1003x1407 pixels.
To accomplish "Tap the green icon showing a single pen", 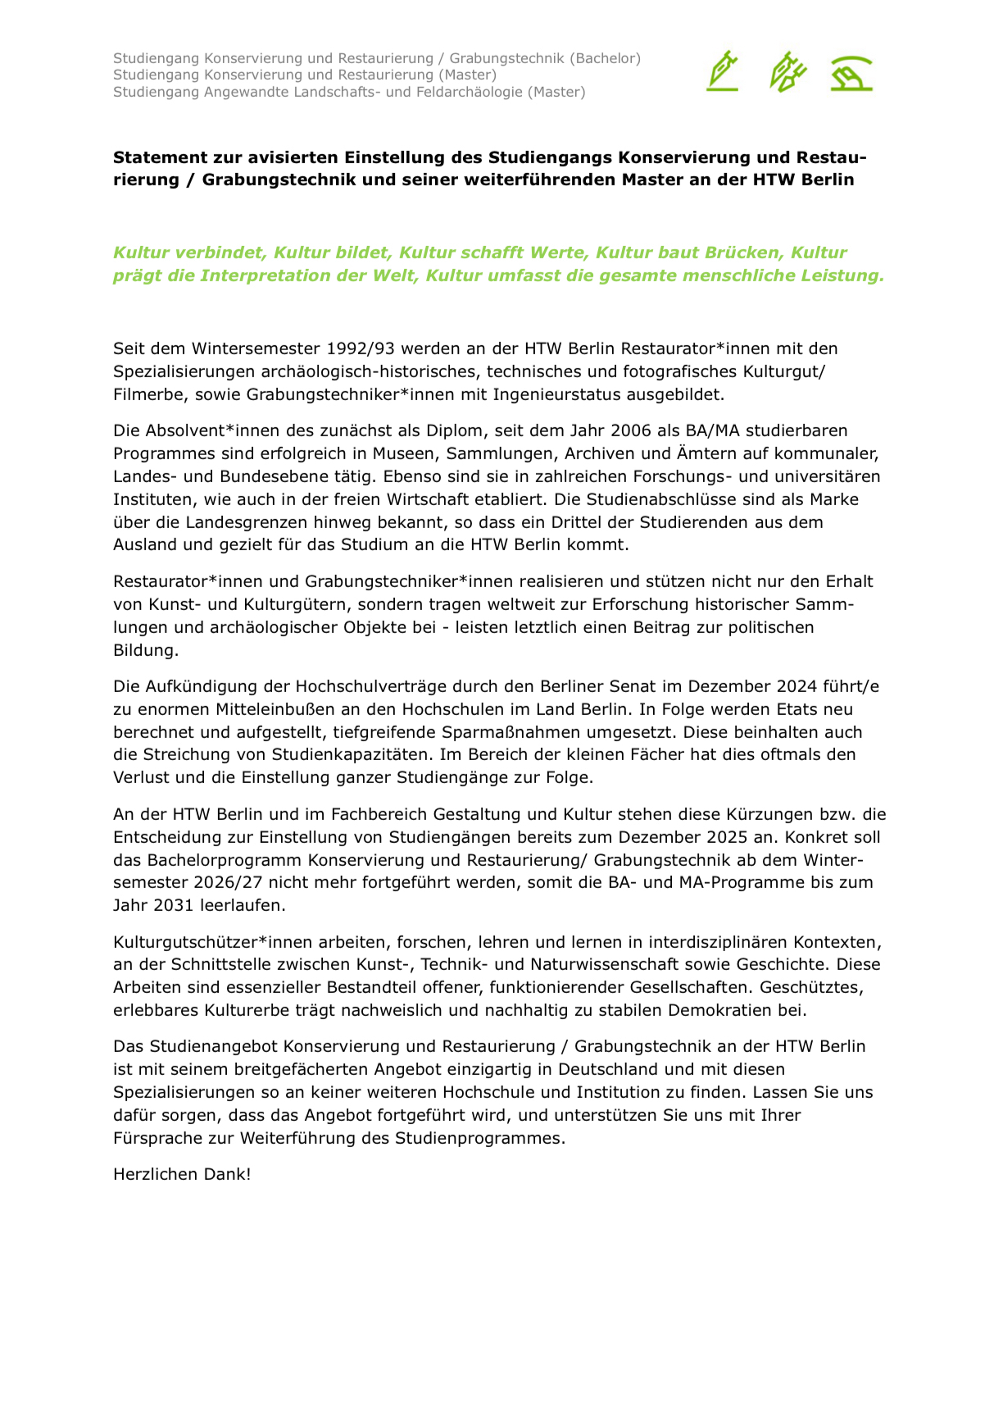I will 722,71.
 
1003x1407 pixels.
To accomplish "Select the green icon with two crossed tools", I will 787,71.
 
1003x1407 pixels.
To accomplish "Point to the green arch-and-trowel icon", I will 851,73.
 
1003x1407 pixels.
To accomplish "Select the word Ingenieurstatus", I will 556,394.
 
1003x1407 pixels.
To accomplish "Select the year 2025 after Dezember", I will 721,837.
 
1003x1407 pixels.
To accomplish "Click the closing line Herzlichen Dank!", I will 182,1174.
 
